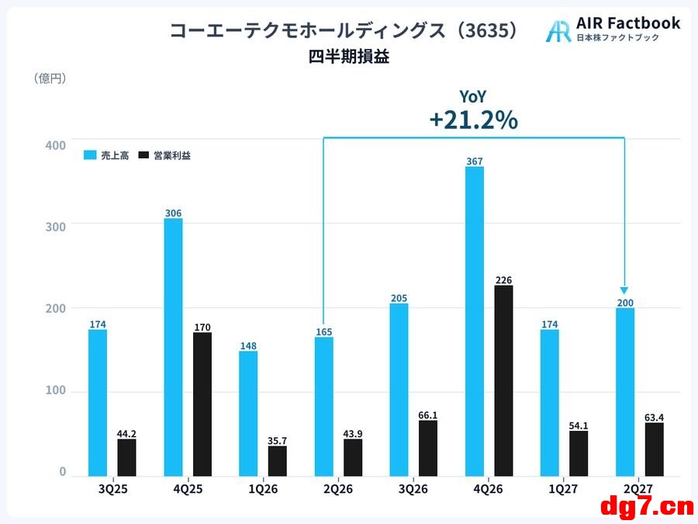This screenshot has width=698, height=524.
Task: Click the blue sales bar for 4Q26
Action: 475,321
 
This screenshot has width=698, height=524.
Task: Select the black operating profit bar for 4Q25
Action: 202,404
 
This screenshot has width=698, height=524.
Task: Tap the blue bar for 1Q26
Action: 248,414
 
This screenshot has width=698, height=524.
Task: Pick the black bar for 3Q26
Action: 428,448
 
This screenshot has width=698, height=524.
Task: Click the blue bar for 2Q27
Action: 625,392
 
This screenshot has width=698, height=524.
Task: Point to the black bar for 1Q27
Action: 579,453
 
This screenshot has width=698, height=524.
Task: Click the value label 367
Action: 475,161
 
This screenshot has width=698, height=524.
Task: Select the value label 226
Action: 503,279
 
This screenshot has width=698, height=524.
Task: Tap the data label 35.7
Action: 277,441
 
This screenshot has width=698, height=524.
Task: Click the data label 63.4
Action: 654,418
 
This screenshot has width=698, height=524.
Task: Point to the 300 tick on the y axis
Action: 56,227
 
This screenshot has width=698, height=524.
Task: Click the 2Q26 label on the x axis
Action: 338,489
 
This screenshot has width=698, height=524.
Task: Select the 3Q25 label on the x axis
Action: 112,489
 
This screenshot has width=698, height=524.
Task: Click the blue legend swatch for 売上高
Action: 90,155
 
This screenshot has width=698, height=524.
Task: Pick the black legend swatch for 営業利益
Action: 143,155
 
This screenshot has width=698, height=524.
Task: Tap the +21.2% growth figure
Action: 474,120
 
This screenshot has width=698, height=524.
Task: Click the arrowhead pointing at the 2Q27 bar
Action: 624,290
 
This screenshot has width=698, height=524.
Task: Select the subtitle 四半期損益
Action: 349,57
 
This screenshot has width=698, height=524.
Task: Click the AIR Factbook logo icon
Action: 558,31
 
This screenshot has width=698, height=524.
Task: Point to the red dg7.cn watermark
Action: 647,508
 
